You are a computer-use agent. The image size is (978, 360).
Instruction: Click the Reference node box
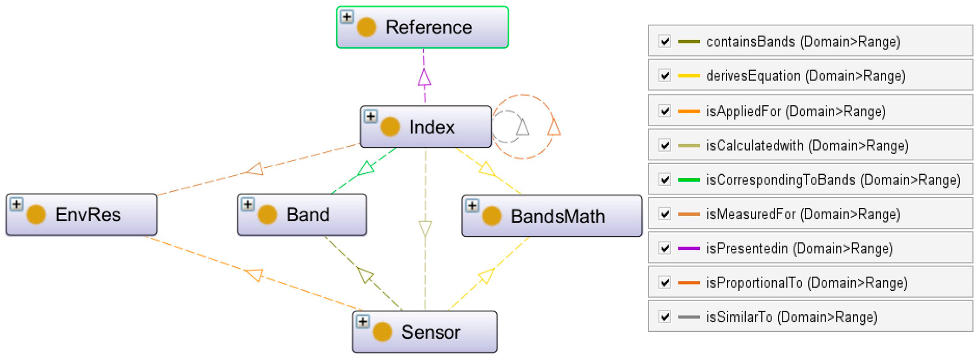click(x=422, y=27)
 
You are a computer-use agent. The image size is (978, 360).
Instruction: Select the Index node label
click(x=432, y=127)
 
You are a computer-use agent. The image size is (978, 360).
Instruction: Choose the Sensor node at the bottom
click(x=425, y=332)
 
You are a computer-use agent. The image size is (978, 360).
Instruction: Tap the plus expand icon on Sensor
click(x=363, y=322)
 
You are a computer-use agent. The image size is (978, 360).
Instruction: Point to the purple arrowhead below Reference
click(x=424, y=78)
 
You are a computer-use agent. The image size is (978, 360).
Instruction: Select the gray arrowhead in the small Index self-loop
click(x=522, y=127)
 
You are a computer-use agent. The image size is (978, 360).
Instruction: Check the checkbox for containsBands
click(x=664, y=41)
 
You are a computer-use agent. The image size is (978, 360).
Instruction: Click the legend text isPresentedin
click(x=799, y=248)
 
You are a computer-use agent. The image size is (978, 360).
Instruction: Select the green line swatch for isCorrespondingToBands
click(x=689, y=180)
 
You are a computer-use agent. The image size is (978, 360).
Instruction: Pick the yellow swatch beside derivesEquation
click(x=689, y=76)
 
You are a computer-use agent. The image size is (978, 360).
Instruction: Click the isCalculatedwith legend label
click(x=807, y=146)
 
